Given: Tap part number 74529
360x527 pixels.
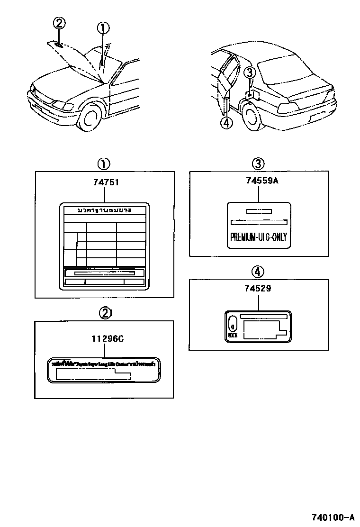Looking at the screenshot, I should [259, 288].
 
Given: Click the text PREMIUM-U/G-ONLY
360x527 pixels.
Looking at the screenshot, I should [259, 236].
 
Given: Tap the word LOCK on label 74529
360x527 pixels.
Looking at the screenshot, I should [233, 335].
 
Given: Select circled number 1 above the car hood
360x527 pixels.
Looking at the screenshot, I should [103, 28].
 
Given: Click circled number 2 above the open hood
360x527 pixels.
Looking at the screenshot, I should [59, 22].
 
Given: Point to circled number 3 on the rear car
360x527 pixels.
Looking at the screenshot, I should [251, 73].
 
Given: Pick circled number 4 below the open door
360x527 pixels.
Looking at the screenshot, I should [226, 123].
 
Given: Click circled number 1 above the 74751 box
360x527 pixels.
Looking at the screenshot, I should [104, 164].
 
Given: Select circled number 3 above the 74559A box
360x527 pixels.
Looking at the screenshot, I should [258, 164].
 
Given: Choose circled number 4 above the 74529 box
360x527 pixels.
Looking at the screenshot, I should [258, 272].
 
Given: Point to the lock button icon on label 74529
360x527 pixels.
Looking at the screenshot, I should [233, 325].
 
